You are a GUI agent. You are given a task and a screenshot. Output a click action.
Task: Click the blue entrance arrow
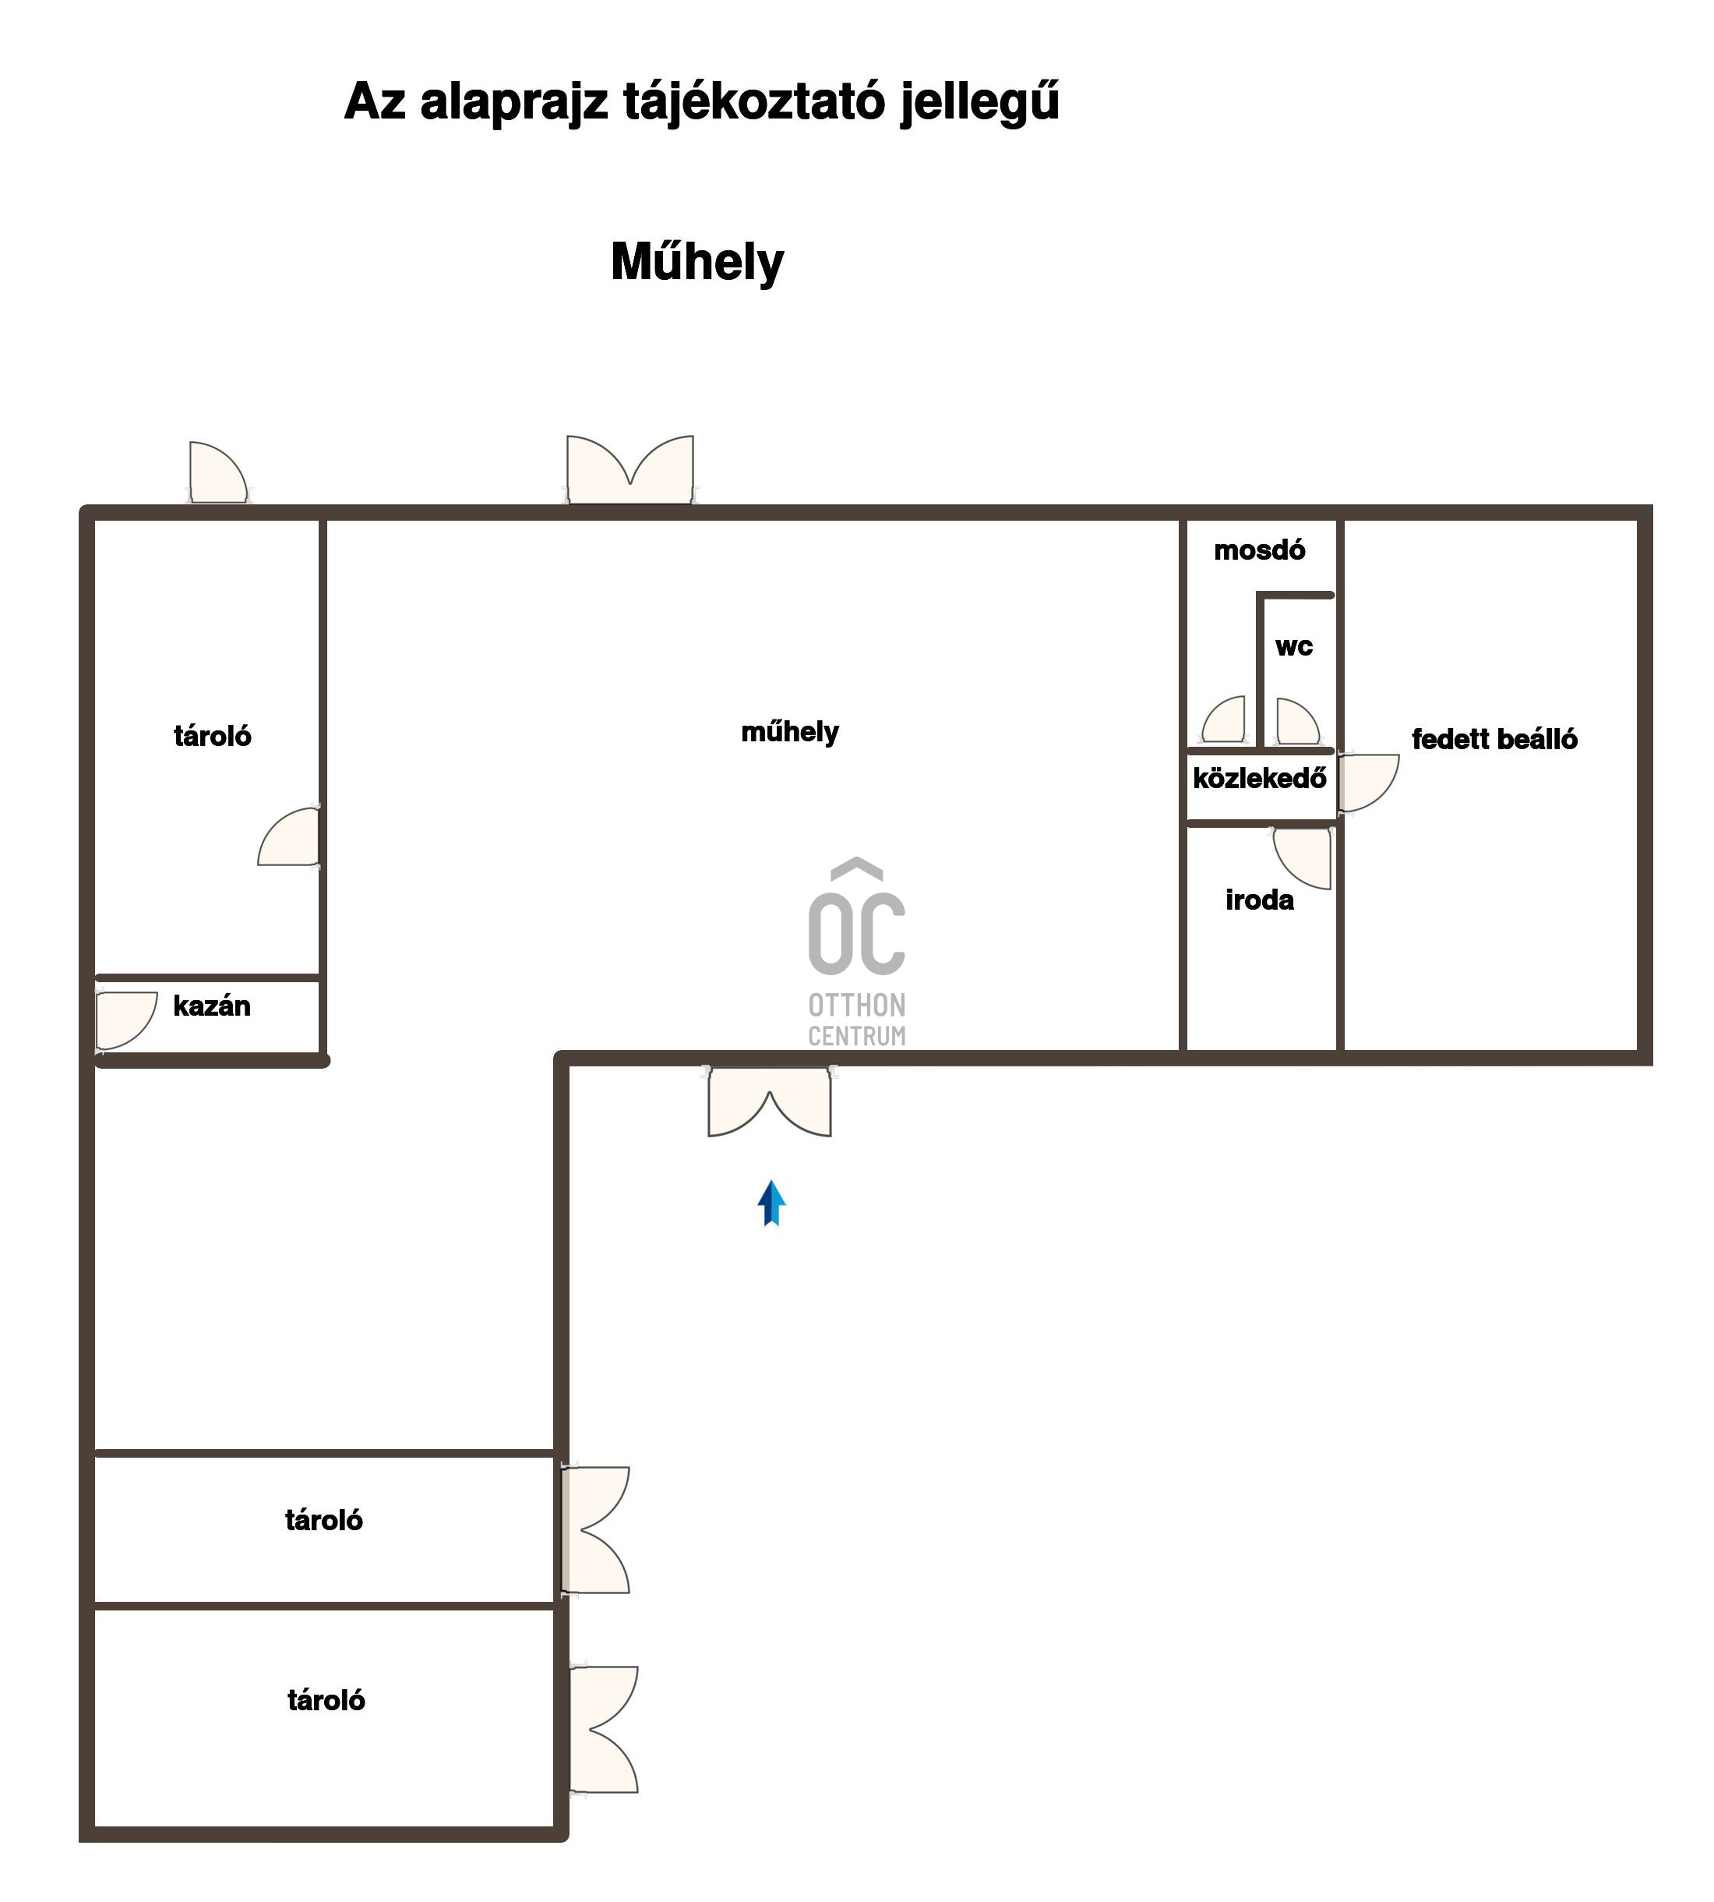771,1203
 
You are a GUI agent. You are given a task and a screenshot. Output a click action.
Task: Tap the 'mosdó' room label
1259,550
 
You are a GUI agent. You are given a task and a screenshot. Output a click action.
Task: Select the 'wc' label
1293,647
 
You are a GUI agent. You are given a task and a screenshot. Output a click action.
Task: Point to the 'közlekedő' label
1259,778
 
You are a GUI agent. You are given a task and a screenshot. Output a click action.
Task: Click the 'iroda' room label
1259,900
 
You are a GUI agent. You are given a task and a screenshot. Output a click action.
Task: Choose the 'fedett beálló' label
1494,740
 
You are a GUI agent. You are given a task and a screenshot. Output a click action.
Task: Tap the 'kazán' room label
212,1006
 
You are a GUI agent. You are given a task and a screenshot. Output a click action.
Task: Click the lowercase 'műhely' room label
790,732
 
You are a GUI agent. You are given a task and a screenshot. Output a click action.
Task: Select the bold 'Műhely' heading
697,262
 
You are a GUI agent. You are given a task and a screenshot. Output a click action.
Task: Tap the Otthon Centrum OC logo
857,953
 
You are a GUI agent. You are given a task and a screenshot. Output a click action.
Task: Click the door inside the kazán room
126,1021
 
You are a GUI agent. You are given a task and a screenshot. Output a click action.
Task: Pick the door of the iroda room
1303,858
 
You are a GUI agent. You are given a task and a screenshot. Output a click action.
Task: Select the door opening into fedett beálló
1368,782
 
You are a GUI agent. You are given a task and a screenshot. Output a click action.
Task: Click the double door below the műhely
770,1101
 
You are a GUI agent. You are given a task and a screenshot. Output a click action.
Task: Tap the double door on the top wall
630,469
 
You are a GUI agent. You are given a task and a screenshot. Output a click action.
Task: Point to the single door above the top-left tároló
218,472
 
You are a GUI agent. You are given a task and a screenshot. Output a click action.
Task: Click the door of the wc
1298,722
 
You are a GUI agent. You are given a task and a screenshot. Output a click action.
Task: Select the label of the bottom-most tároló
326,1700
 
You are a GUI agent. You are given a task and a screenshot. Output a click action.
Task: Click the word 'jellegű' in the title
979,102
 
